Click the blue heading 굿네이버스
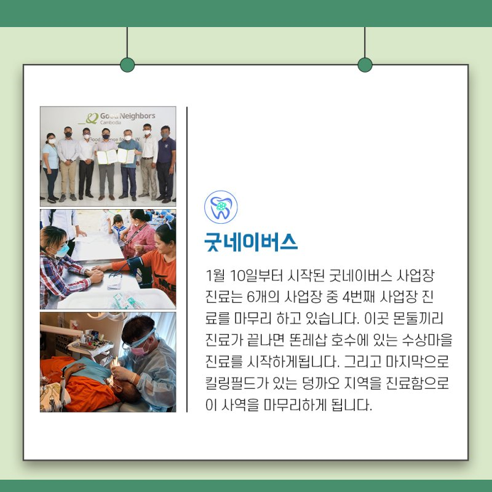tap(251, 242)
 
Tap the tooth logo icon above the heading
tap(221, 207)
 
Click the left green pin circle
tap(127, 65)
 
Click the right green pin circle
tap(365, 65)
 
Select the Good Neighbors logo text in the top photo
tap(127, 116)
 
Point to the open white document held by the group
tap(116, 156)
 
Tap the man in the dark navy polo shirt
tap(166, 164)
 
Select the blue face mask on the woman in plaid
tap(62, 250)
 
